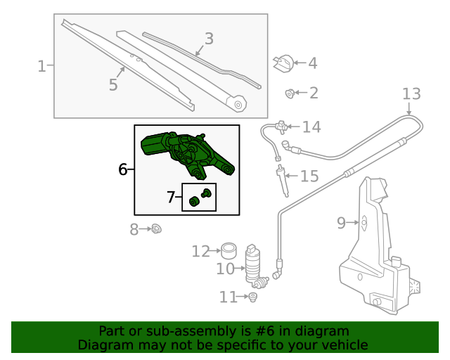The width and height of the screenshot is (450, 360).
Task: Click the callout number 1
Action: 41,67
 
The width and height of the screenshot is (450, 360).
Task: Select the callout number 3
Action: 209,39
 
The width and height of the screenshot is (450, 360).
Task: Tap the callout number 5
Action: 113,85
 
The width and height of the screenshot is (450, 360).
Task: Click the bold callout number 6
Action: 122,169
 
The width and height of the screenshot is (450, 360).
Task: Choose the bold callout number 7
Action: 171,198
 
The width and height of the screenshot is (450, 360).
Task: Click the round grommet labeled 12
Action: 228,250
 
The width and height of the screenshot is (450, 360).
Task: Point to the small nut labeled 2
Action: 289,93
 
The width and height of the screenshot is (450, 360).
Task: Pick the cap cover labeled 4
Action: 283,63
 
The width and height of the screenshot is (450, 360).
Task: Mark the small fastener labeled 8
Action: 157,229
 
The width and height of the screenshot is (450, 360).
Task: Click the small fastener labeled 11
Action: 253,297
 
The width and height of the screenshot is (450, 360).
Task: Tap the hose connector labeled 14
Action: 283,127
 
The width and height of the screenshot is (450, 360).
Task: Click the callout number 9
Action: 342,223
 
